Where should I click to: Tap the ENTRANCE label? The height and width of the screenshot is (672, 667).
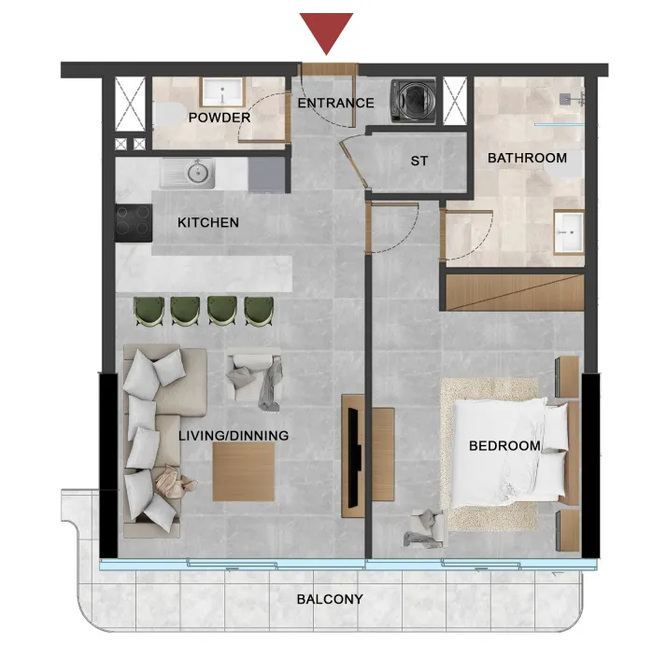click(335, 104)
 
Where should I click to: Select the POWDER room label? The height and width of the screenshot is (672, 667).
click(220, 118)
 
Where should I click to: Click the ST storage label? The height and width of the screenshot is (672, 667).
click(419, 161)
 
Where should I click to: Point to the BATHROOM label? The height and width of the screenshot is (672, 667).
click(527, 158)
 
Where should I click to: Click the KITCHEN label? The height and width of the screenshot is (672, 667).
click(208, 223)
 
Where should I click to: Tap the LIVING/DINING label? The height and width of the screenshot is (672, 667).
click(234, 436)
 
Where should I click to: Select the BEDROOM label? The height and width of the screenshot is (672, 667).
click(504, 446)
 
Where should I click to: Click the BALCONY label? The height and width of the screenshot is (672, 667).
click(330, 599)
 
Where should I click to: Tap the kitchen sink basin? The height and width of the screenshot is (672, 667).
click(196, 173)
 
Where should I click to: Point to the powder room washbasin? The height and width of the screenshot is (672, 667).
click(222, 92)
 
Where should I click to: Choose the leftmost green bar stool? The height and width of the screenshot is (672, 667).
click(149, 311)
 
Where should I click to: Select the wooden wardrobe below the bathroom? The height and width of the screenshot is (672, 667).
click(514, 294)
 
